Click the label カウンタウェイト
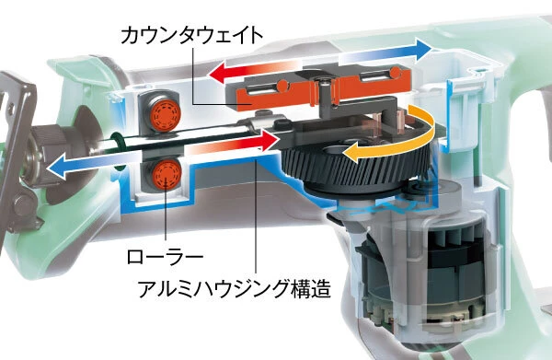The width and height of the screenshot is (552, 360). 192,36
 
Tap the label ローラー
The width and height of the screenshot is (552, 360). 165,257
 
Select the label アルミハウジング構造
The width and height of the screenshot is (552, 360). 235,289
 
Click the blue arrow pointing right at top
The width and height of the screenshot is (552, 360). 385,52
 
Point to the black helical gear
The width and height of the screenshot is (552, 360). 355,162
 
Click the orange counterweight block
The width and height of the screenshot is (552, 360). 316,88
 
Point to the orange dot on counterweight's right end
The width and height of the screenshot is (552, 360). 396,73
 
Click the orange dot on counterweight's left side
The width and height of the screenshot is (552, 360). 282,86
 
